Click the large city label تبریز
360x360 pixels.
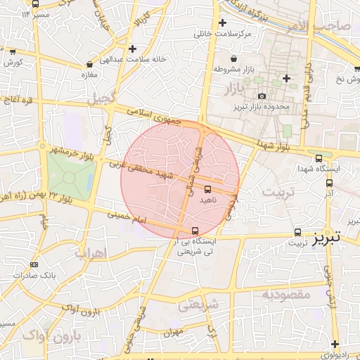327,237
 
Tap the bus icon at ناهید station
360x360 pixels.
207,188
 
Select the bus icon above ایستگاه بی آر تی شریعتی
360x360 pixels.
195,230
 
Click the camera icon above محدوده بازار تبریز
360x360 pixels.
262,96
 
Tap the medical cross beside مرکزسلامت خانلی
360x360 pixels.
223,23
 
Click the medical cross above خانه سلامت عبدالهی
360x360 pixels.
132,49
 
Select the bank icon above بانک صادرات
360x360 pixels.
33,264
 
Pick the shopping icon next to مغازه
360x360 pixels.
89,64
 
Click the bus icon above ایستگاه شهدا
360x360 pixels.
319,158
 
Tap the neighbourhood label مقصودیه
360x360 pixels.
286,293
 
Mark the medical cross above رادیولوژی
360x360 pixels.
335,344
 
